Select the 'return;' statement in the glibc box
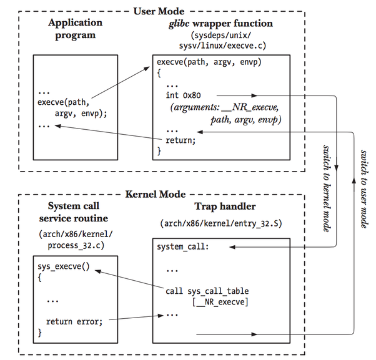tap(181, 140)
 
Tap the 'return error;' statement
tap(74, 322)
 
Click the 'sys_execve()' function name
tap(64, 265)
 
